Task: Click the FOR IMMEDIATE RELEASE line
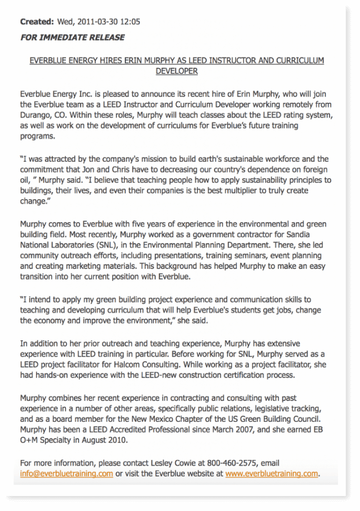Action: pyautogui.click(x=72, y=37)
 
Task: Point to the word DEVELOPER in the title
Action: pyautogui.click(x=177, y=71)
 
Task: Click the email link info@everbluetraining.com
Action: pyautogui.click(x=66, y=474)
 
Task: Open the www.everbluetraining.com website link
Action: pyautogui.click(x=272, y=474)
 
